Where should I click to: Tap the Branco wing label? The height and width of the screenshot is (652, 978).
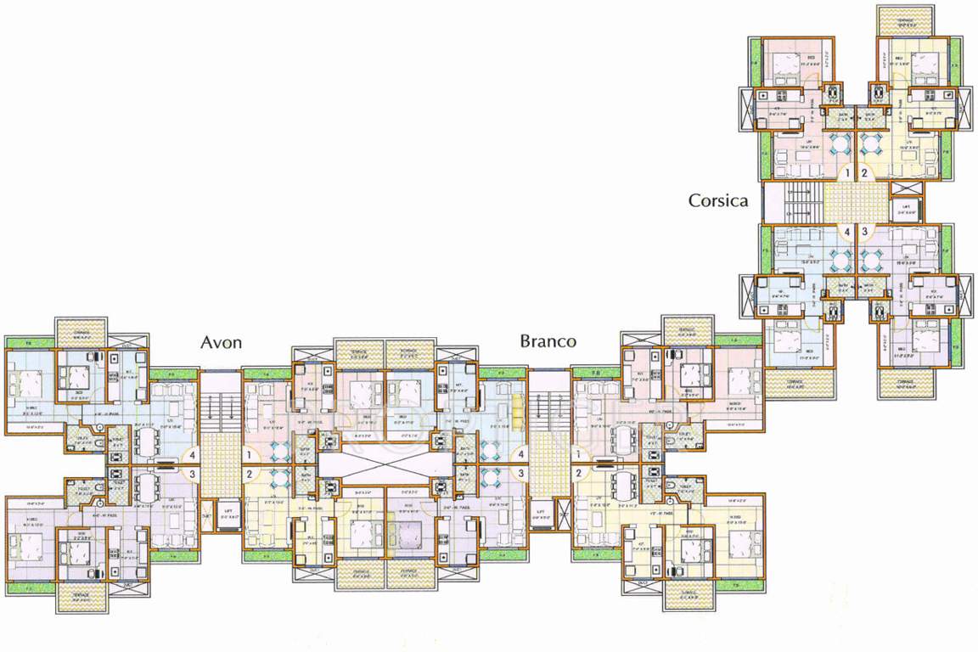(548, 341)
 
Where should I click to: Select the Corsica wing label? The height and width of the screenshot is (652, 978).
(718, 201)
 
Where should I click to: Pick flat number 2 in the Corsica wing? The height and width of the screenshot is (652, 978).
(865, 174)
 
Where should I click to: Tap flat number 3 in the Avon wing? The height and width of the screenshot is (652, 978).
(193, 474)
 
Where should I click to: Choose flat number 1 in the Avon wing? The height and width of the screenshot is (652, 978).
(249, 454)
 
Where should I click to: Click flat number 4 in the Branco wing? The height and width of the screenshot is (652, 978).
(520, 454)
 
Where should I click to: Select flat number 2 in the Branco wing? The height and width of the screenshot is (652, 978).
(578, 474)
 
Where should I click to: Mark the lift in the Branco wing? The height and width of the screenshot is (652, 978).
(540, 514)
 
